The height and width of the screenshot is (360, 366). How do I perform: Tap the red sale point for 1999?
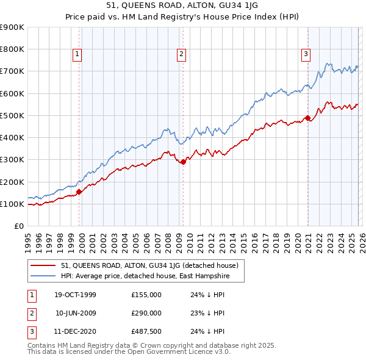[x=79, y=192]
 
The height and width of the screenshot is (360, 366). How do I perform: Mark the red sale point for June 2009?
[x=184, y=162]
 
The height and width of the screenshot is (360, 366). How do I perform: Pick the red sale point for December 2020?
[x=308, y=118]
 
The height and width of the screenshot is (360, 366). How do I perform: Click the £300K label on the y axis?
[x=12, y=160]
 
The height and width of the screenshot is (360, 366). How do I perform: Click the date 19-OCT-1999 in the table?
[x=75, y=295]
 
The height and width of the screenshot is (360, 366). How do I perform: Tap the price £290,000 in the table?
[x=146, y=313]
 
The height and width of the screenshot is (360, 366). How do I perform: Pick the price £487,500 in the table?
[x=146, y=331]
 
